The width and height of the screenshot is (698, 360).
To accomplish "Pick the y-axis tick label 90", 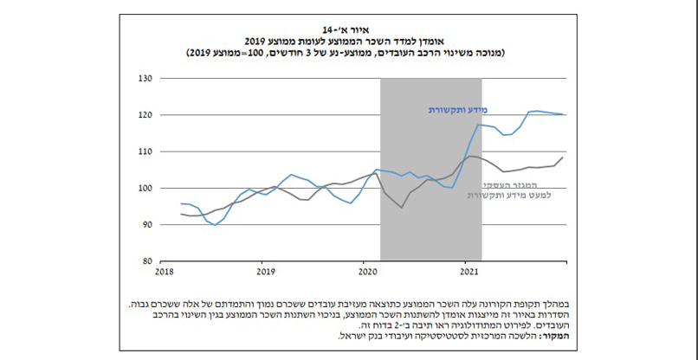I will coord(146,224).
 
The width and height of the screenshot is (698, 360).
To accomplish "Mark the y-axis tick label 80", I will coord(146,260).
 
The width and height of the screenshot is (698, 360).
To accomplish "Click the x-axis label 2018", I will coord(165,272).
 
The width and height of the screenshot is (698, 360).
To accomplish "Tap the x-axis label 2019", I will coord(267,272).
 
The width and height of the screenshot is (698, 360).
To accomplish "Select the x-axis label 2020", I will coord(368,272).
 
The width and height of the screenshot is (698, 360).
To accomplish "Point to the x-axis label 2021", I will coord(469,272).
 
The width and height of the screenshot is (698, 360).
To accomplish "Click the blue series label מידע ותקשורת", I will coord(458,110).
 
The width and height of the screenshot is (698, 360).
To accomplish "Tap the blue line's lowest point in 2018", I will coord(215,225).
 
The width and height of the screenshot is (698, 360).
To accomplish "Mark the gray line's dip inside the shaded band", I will coord(401,208).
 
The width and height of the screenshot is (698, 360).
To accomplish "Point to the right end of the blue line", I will coord(566,114).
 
